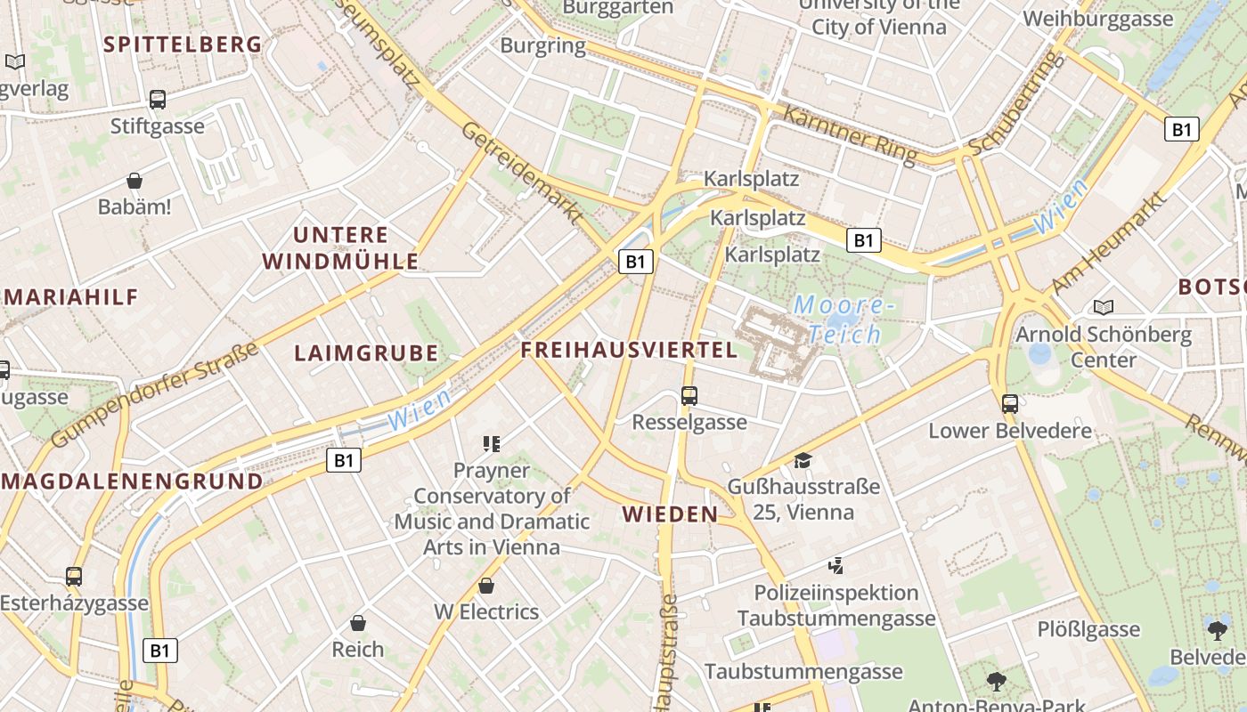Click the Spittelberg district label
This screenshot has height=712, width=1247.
point(183,44)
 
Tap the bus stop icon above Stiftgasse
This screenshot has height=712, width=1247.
point(158,99)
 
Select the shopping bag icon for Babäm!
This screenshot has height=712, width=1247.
point(134,181)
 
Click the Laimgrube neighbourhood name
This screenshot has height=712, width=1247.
point(366,353)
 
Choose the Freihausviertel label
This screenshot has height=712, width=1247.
point(629,350)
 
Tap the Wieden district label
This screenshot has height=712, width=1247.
point(670,514)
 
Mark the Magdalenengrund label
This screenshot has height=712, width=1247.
point(133,481)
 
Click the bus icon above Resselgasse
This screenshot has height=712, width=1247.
point(689,395)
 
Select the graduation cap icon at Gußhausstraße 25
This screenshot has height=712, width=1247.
point(803,460)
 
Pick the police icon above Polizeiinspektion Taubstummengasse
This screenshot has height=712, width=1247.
point(835,565)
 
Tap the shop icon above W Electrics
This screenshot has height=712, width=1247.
point(486,586)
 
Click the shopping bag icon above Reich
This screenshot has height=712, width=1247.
point(358,623)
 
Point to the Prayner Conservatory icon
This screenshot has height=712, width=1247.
point(491,443)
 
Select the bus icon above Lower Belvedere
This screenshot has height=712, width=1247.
point(1009,403)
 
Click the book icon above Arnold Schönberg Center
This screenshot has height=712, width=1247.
point(1104,307)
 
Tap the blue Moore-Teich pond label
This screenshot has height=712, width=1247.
point(843,320)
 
